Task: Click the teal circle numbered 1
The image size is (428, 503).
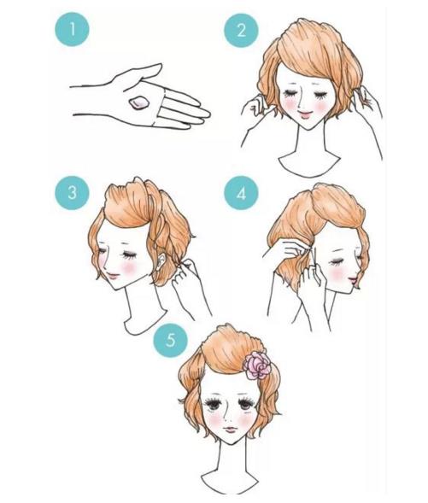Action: [73, 29]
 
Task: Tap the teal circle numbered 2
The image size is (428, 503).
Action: [241, 31]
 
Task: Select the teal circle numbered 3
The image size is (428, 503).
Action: [73, 193]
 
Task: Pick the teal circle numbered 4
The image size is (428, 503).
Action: [241, 193]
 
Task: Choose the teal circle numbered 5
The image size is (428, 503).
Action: [170, 340]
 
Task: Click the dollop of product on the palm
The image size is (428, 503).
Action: [138, 103]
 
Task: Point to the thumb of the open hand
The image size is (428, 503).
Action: [141, 73]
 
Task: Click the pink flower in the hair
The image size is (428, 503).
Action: [257, 366]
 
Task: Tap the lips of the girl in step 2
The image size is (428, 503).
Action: [304, 114]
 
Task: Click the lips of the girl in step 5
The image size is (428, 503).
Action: [230, 429]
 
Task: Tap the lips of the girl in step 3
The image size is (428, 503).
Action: [113, 275]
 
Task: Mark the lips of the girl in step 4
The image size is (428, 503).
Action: [354, 280]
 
